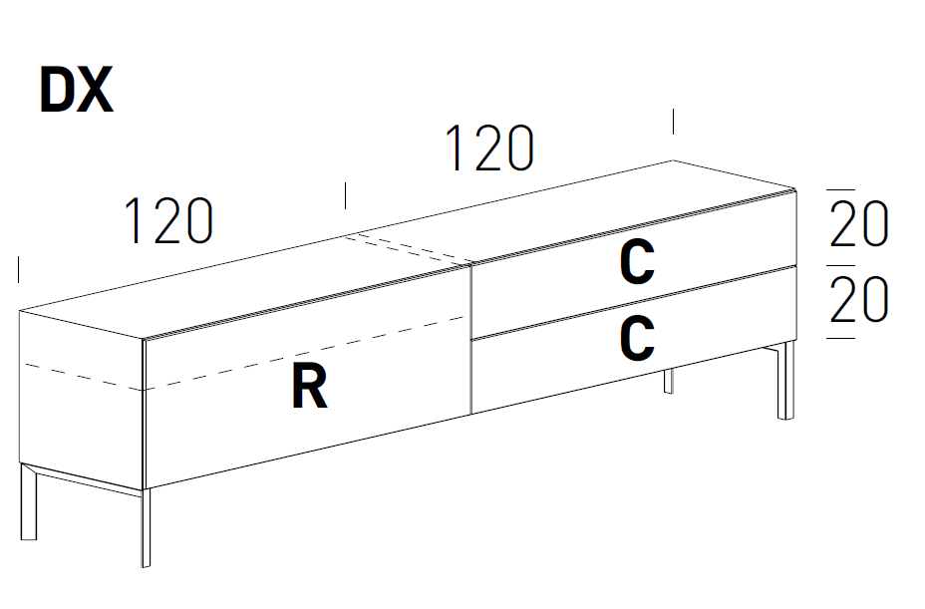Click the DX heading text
(x=76, y=91)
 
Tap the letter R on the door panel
(x=309, y=386)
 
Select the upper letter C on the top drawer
(x=637, y=263)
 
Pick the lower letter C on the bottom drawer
(x=637, y=339)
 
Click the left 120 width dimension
(x=168, y=221)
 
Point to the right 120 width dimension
(x=489, y=148)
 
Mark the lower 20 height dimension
(x=858, y=300)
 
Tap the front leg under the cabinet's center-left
(x=146, y=528)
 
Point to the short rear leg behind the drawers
(x=669, y=381)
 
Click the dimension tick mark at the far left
(x=19, y=269)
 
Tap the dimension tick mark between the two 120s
(x=345, y=195)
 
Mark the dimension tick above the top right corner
(x=674, y=121)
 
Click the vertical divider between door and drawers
(x=469, y=339)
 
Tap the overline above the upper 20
(x=841, y=189)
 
